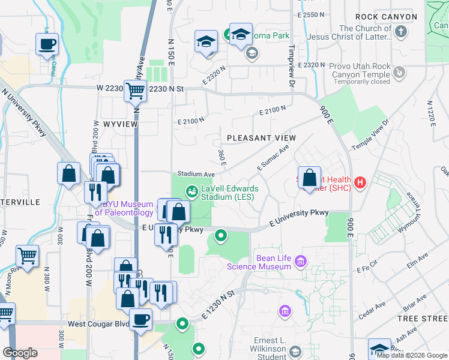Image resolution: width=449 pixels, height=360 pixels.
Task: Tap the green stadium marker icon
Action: click(x=192, y=191)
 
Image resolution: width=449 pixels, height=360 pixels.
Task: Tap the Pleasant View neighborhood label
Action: click(x=261, y=138)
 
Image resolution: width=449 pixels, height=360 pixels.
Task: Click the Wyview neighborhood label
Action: click(x=121, y=124)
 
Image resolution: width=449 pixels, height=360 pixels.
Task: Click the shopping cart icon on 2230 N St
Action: click(x=135, y=91)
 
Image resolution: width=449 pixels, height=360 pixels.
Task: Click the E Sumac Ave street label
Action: click(x=273, y=157)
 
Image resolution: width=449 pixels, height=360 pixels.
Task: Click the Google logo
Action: click(x=20, y=353)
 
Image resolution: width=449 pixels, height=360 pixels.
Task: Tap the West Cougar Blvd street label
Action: click(x=98, y=324)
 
